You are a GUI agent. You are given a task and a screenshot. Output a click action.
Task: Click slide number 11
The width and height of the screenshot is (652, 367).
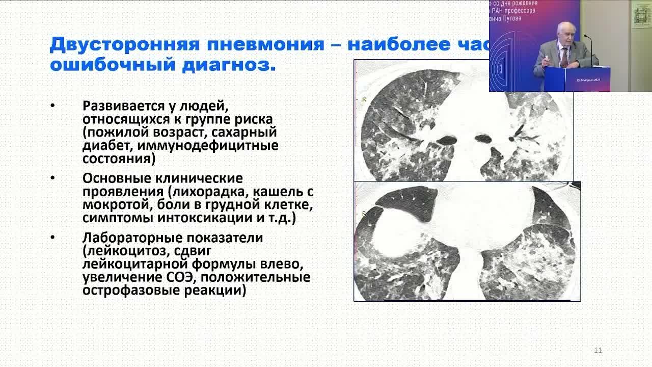(598, 350)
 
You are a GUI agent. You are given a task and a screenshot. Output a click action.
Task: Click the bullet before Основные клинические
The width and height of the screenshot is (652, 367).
(52, 179)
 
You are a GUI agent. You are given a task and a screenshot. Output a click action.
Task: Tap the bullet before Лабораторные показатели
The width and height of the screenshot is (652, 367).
(52, 238)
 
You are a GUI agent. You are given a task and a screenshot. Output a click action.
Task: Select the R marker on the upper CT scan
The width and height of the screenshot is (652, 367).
(364, 99)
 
